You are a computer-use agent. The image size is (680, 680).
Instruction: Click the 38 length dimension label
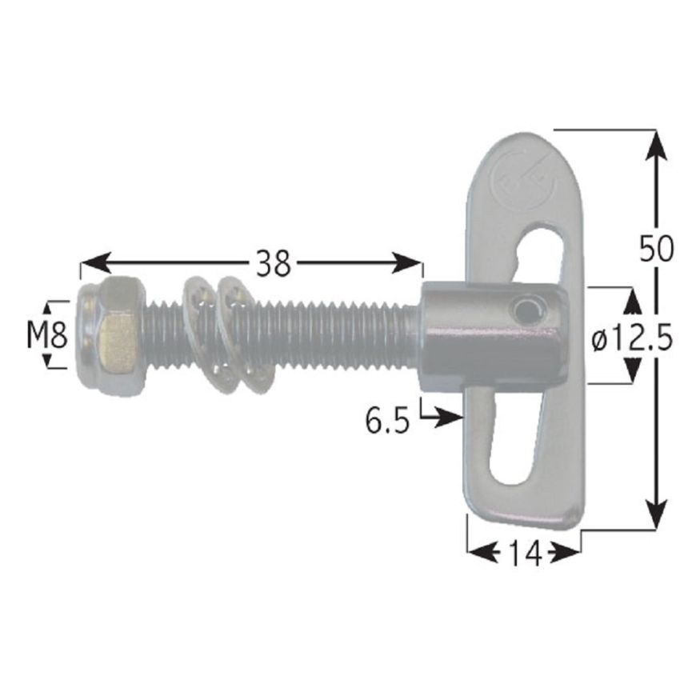[273, 262]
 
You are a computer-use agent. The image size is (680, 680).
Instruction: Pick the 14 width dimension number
[524, 552]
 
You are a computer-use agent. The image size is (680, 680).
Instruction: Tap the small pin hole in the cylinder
[526, 310]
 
